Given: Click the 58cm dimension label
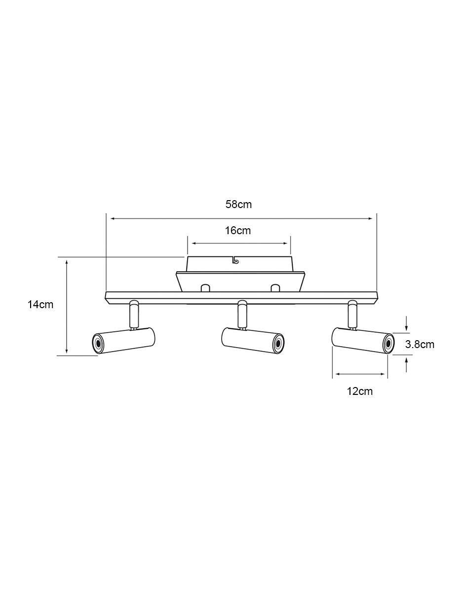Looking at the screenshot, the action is [238, 205].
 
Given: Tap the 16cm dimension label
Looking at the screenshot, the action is [238, 230].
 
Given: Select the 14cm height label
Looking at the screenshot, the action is [40, 305].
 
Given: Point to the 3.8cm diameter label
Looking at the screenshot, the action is [420, 344].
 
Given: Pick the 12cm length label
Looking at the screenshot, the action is [359, 391].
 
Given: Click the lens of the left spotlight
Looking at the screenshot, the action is [98, 343].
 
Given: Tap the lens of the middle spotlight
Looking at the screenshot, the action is [279, 344].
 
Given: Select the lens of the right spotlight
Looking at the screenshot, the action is [388, 344].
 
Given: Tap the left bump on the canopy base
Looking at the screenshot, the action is [206, 288].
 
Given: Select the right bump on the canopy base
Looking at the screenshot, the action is [275, 288].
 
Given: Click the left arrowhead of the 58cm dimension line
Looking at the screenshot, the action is [113, 219].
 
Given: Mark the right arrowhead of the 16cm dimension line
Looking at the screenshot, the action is [285, 244].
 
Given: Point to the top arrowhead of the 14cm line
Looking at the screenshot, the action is [67, 262].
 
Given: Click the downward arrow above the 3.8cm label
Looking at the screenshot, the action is [406, 323].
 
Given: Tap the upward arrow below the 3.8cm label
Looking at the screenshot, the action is [406, 365].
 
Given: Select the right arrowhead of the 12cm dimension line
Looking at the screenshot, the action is [383, 374].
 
